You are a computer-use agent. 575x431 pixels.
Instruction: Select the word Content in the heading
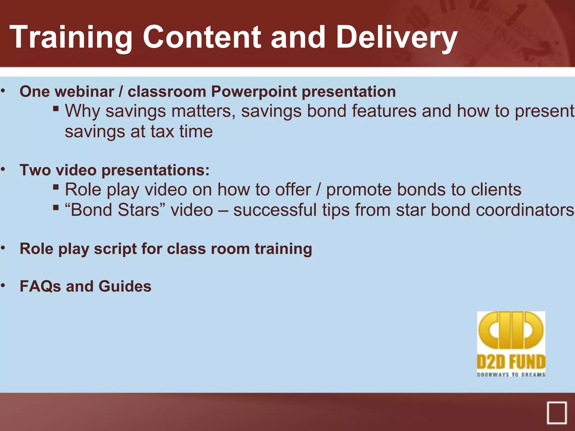coord(202,37)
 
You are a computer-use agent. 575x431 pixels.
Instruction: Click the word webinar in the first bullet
coord(85,92)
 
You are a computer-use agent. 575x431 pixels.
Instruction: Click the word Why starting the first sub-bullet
coord(82,111)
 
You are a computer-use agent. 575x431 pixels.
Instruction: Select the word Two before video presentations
coord(35,170)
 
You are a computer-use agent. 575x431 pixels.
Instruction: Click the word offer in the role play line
coord(293,190)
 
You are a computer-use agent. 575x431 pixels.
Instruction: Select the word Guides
coord(125,286)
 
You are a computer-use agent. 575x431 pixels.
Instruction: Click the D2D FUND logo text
coord(511,362)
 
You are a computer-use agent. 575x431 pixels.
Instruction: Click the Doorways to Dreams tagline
coord(511,375)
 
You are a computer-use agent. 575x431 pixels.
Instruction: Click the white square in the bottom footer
coord(556,412)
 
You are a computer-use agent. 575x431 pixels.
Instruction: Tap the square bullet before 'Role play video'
coord(56,187)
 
